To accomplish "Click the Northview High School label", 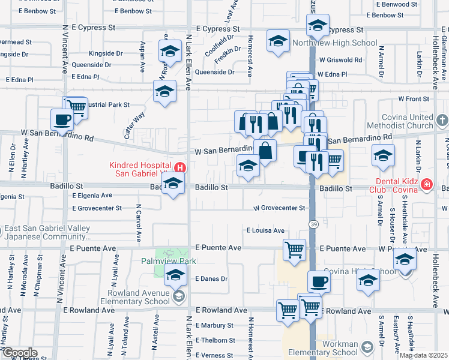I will [335, 43].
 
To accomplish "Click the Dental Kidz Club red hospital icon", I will [426, 184].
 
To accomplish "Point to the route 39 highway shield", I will [313, 224].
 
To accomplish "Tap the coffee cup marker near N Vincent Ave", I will [62, 119].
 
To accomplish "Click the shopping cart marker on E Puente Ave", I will [294, 248].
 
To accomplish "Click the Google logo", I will [19, 353].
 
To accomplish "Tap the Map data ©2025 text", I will [423, 355].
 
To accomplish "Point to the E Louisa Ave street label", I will [265, 230].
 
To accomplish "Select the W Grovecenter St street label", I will [279, 208].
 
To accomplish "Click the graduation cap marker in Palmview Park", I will [175, 275].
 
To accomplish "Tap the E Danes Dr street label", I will [211, 279].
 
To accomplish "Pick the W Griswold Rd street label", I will [340, 60].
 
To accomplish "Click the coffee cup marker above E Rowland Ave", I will [319, 281].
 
